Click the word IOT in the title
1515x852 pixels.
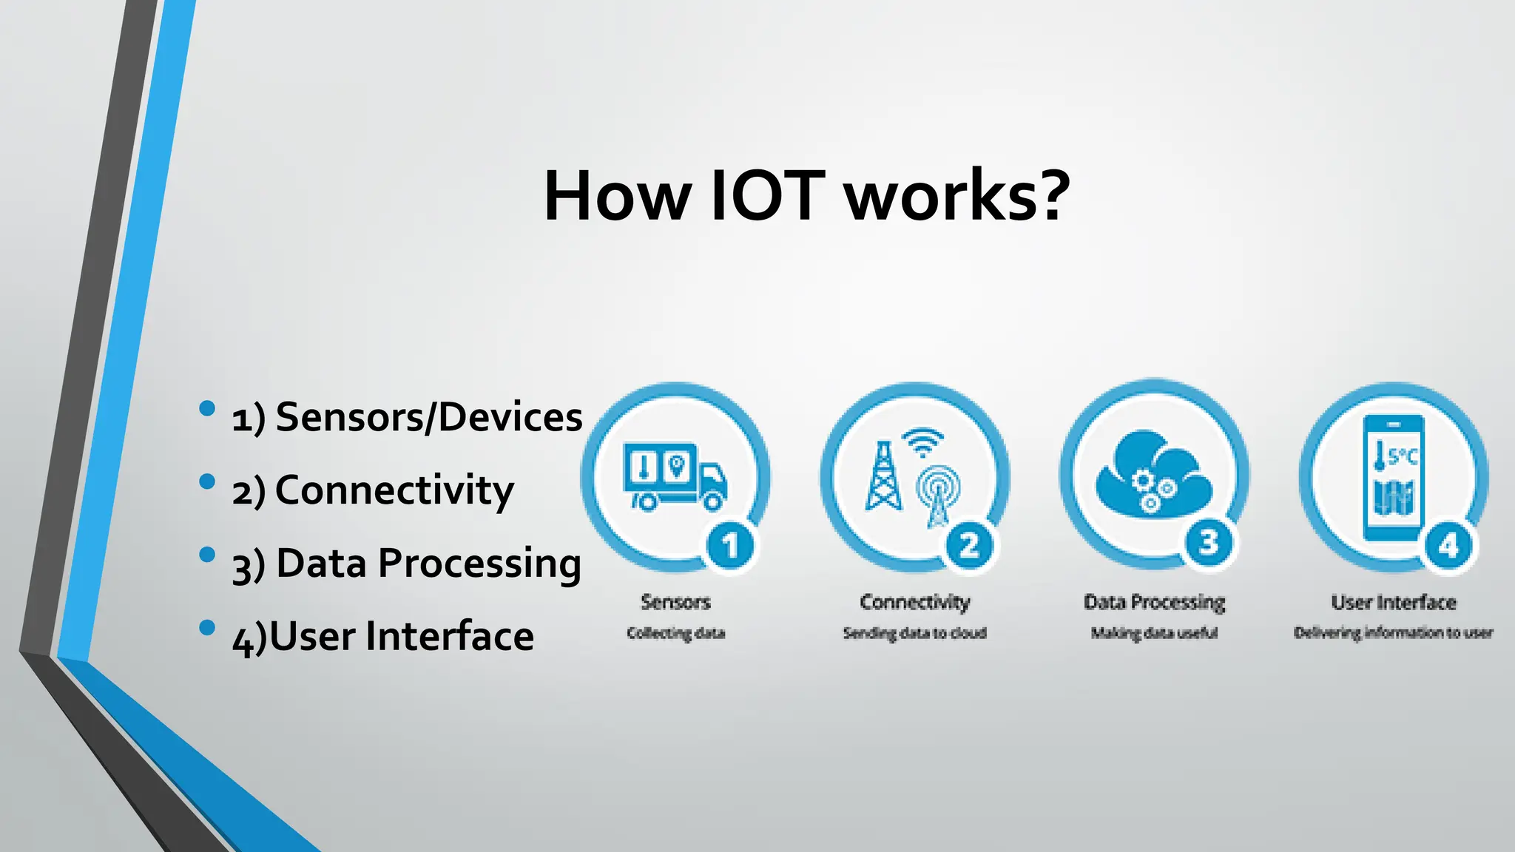coord(767,196)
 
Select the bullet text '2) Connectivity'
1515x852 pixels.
coord(373,490)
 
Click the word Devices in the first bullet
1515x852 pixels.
coord(510,417)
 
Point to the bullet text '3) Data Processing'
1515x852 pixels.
coord(406,564)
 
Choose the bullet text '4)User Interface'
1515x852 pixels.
coord(382,637)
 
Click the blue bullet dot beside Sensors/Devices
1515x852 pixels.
coord(207,408)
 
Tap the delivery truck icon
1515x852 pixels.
coord(674,476)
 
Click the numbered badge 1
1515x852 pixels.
coord(730,546)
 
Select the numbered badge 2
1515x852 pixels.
coord(969,546)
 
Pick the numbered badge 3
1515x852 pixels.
coord(1209,543)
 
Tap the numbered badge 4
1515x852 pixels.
coord(1448,546)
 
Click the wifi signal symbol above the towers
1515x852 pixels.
coord(922,442)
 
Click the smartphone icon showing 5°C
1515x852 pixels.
coord(1393,478)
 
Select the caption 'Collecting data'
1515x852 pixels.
coord(675,633)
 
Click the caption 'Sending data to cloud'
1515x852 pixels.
coord(914,633)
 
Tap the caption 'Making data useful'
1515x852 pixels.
coord(1154,633)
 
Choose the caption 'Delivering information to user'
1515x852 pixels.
coord(1393,633)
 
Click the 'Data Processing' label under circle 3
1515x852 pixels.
coord(1154,603)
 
